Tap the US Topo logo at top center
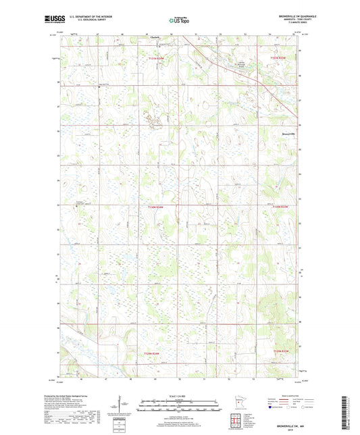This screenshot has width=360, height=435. point(180,20)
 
